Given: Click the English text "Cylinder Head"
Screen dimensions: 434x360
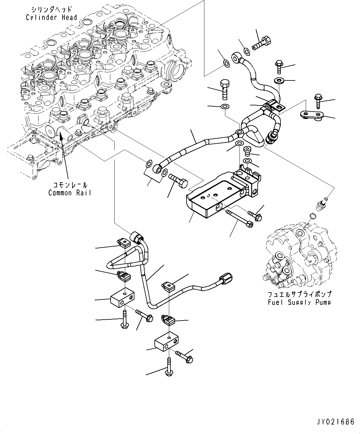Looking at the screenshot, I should [51, 17].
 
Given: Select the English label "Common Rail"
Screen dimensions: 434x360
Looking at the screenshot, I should [70, 193].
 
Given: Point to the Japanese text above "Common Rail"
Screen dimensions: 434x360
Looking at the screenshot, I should [70, 185].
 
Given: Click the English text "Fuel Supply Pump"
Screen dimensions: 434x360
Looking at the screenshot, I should [299, 302].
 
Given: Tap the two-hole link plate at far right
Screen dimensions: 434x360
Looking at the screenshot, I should [311, 115].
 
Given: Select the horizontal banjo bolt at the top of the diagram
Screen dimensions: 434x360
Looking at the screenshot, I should [261, 43].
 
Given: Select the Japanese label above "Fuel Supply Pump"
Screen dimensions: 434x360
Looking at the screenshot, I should [299, 295].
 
